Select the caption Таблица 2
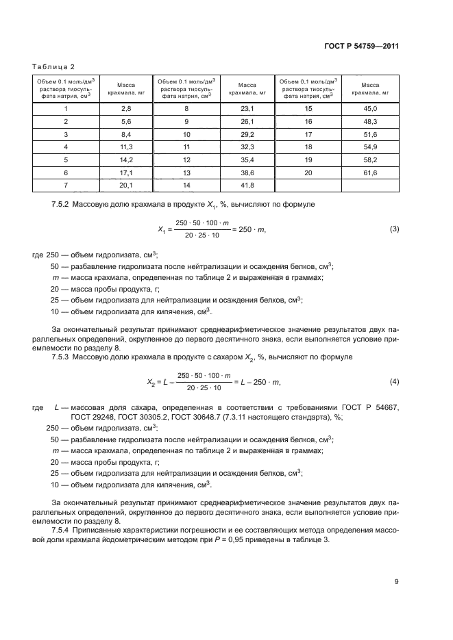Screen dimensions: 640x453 coord(53,66)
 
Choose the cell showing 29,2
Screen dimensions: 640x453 coord(247,135)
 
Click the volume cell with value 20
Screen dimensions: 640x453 coord(308,174)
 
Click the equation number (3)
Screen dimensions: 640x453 coord(394,229)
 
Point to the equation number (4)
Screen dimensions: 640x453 coord(394,381)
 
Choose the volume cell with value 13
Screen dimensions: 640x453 coord(186,174)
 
